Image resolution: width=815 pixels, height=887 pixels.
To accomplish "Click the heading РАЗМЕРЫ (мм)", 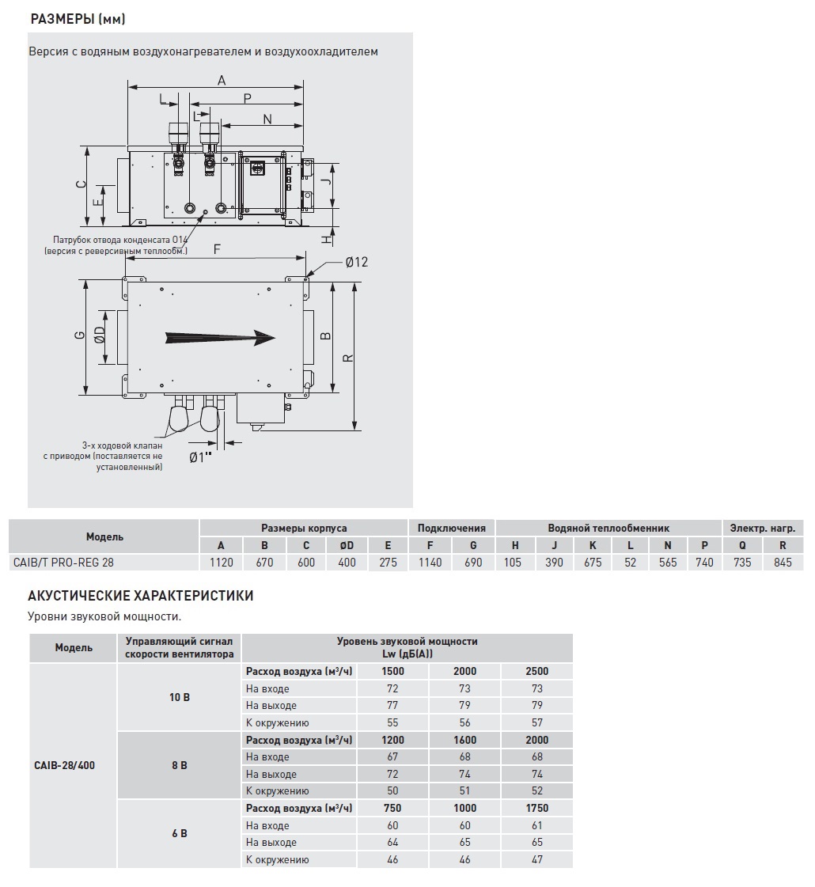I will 77,19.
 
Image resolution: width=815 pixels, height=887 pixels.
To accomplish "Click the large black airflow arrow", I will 220,338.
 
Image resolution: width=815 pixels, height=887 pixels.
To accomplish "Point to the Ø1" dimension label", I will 201,457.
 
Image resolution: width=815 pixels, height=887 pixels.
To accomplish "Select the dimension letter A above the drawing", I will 222,80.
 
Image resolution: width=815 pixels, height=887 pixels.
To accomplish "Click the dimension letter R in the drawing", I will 347,358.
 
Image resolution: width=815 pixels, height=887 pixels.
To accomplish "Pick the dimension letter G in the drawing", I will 78,335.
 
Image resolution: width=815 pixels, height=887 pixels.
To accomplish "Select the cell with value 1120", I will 221,563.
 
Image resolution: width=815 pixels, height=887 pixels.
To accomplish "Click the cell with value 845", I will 783,563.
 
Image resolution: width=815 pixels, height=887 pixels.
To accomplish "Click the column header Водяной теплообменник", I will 608,528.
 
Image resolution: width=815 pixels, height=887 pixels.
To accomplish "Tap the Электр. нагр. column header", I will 762,528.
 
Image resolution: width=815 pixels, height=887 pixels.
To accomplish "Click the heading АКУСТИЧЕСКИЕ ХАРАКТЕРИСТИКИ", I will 140,596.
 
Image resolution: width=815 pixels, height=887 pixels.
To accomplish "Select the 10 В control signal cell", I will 179,697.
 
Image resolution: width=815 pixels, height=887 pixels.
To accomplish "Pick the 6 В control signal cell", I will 179,833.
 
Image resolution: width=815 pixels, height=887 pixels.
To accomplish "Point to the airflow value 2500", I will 536,671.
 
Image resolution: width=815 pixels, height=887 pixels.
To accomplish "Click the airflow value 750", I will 392,808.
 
